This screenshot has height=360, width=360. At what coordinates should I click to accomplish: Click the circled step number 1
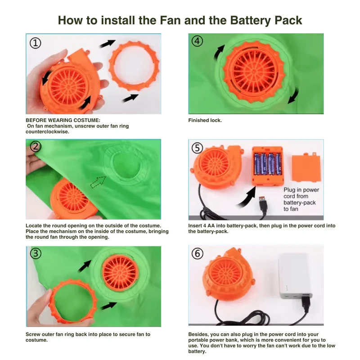tap(36, 43)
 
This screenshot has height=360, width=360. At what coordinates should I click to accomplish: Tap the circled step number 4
tap(197, 41)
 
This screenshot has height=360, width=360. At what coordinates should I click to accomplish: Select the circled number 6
tap(198, 254)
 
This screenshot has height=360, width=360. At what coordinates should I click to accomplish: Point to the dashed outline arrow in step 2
tap(98, 182)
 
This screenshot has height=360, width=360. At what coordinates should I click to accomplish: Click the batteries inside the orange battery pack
tap(267, 164)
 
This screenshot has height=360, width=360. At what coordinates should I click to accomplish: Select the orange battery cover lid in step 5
tap(306, 168)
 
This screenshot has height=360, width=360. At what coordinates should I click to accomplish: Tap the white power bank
tap(295, 276)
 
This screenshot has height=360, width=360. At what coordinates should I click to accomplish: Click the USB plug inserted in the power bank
tap(306, 304)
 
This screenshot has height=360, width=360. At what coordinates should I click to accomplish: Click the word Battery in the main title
tap(250, 20)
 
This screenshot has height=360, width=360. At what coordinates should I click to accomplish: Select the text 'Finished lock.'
tap(205, 120)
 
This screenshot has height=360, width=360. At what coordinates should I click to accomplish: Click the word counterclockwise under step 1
tap(47, 132)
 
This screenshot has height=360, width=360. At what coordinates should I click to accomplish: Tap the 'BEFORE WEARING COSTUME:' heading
tap(63, 120)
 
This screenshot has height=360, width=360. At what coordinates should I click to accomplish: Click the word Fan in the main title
tap(171, 20)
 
